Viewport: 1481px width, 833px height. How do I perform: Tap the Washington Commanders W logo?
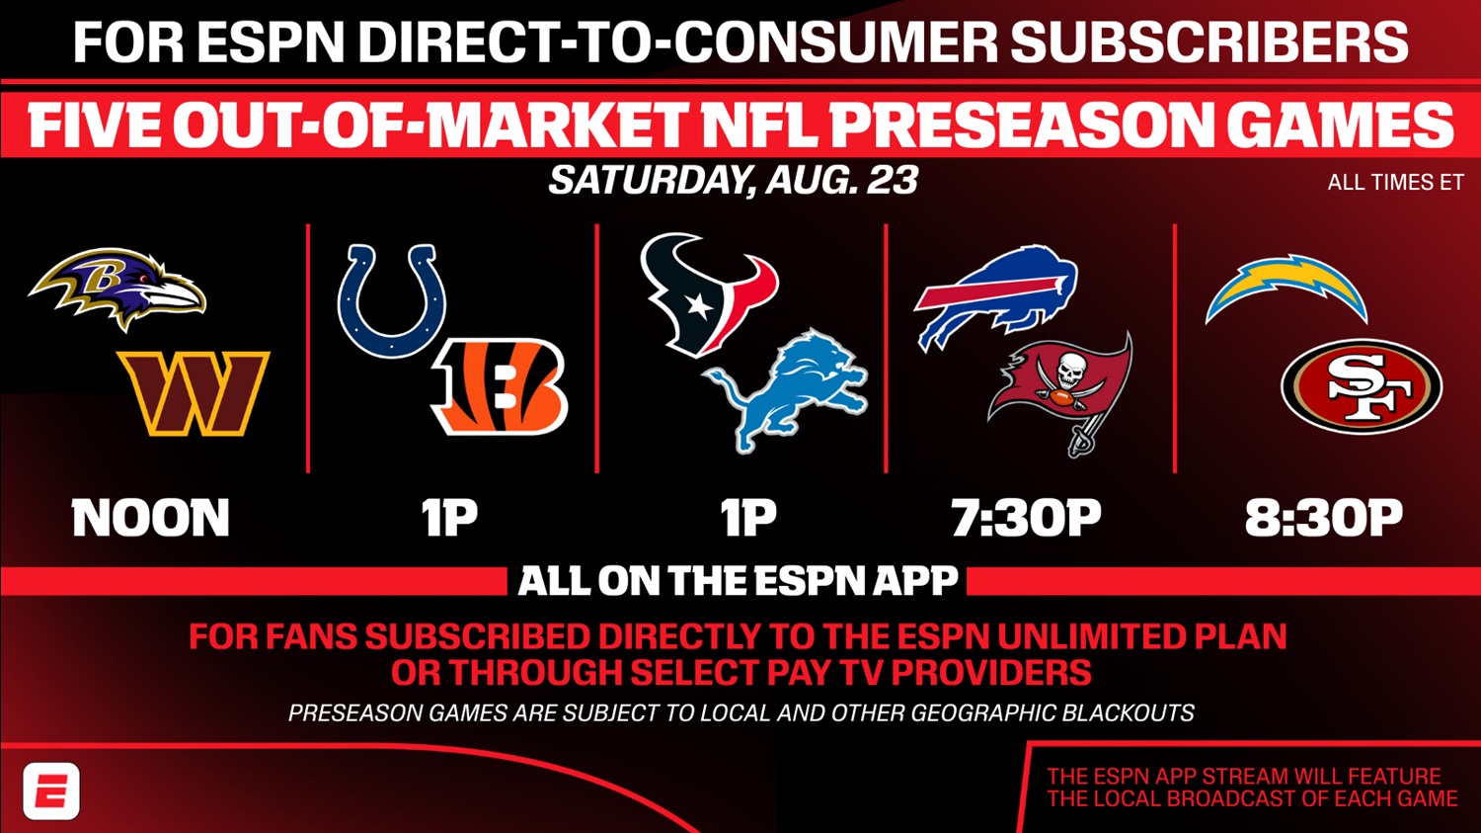pos(194,393)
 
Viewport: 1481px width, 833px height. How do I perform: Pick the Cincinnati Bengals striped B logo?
pos(500,387)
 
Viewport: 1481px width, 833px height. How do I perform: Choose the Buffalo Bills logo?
pos(996,295)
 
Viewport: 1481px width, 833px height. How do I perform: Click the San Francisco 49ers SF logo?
pos(1362,386)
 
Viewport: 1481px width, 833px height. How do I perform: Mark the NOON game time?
pos(151,518)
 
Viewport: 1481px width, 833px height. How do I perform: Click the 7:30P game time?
pos(1027,518)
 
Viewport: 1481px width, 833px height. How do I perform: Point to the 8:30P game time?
pos(1324,518)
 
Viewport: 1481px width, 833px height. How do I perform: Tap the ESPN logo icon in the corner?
pos(51,791)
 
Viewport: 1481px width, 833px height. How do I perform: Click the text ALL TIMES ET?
pos(1396,182)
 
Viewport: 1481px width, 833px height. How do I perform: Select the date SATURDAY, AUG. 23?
pos(734,179)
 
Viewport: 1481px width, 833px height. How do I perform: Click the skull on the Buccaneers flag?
pos(1066,372)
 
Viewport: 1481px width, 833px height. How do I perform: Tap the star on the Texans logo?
pos(699,306)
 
